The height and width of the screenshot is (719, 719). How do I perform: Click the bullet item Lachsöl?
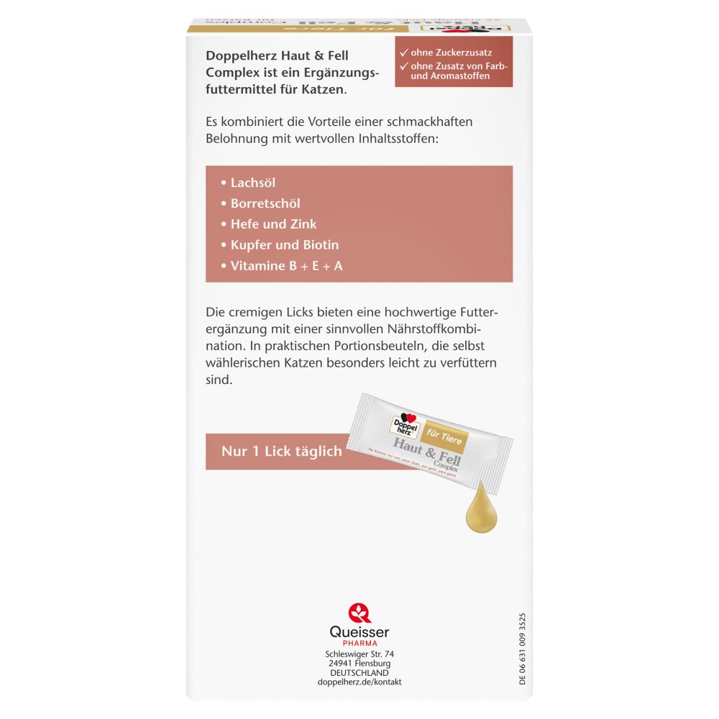tap(252, 183)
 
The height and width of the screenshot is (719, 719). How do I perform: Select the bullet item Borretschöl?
tap(265, 203)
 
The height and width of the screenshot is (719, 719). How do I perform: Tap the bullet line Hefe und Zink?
tap(273, 224)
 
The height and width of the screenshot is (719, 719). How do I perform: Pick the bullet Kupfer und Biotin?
tap(285, 244)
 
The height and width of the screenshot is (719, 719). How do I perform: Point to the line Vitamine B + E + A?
tap(286, 265)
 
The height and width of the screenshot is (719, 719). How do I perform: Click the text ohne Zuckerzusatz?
tap(451, 52)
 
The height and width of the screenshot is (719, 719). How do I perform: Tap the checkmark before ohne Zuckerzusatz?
tap(405, 52)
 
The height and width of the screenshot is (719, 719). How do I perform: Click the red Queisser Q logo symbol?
tap(359, 613)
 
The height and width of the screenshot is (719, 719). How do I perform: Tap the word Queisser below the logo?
tap(359, 632)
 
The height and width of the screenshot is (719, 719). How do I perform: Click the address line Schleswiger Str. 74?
tap(359, 654)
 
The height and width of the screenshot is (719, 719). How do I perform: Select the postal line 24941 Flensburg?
tap(359, 664)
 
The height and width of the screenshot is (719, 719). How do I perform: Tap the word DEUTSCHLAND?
tap(359, 673)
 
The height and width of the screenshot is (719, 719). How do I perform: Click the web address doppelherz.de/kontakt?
tap(359, 682)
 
